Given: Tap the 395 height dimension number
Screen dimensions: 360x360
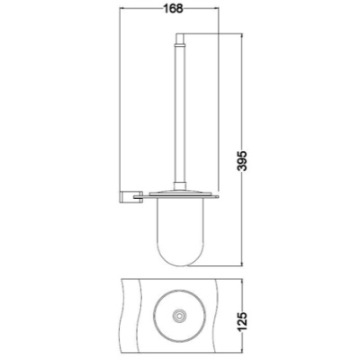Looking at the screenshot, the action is coord(242,160).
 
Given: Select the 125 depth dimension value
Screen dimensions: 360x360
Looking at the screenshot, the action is coord(242,321).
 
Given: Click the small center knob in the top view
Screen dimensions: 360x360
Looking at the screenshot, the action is coord(179,316).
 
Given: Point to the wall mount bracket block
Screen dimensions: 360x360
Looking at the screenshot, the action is coord(126,196).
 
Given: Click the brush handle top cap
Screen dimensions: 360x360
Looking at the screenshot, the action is coord(179,38).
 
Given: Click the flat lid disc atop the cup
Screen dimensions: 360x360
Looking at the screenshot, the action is coord(179,193).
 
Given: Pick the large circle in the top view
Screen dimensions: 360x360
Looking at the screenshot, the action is coord(153,316).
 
